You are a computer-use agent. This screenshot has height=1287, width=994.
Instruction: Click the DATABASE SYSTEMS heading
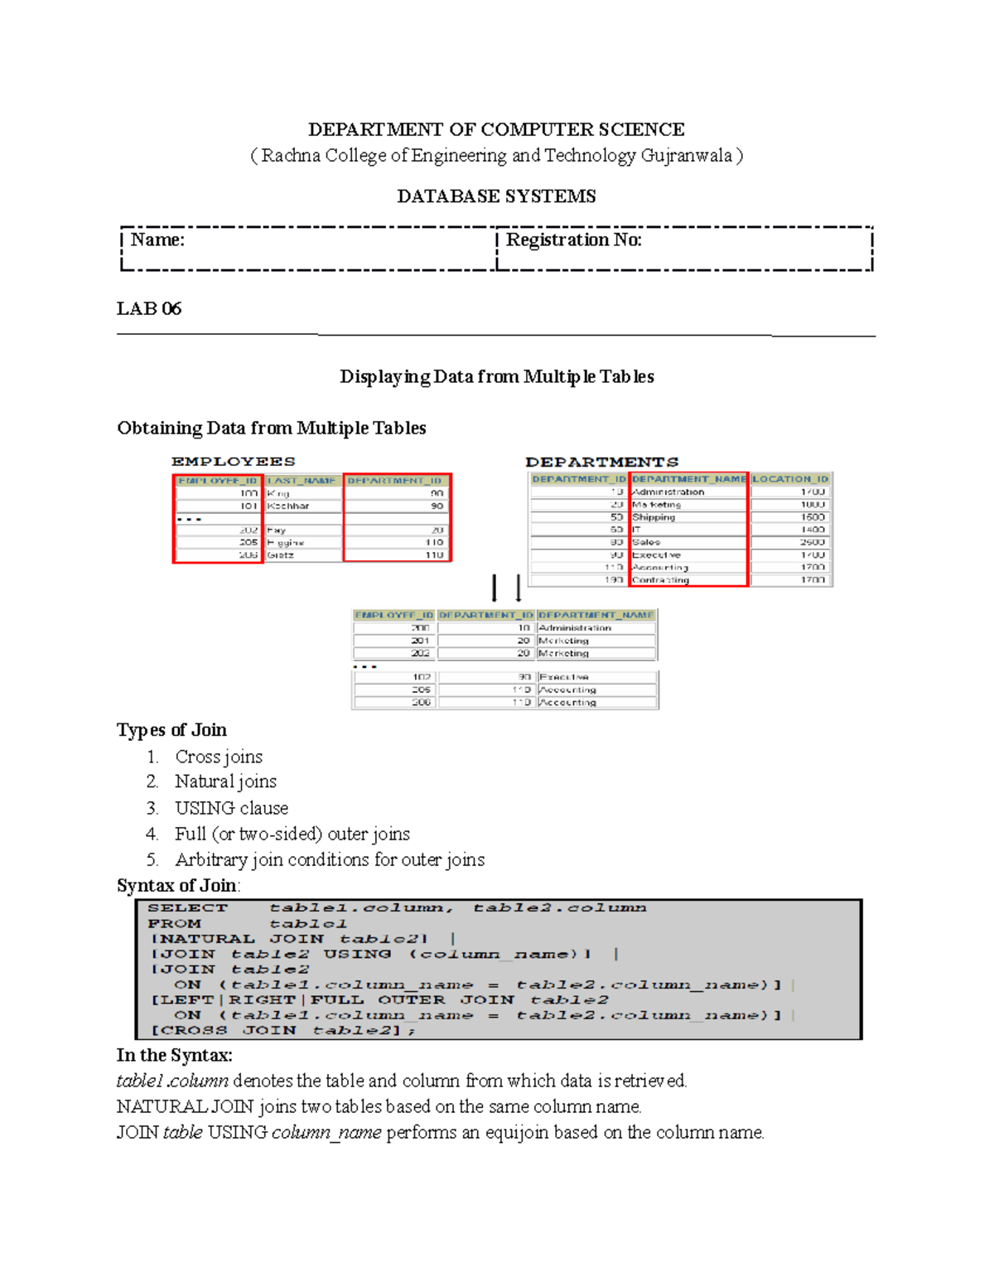[x=496, y=196]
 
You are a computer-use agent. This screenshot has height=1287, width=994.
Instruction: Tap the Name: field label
[x=157, y=240]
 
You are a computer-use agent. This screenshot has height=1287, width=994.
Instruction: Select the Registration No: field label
[x=573, y=240]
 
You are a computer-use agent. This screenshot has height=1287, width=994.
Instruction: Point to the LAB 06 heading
[x=149, y=309]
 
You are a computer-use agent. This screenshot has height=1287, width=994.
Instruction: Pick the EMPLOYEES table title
[x=233, y=462]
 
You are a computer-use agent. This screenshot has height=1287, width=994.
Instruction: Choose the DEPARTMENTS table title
[x=601, y=462]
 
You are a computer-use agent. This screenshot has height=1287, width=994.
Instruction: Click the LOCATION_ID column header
[x=789, y=479]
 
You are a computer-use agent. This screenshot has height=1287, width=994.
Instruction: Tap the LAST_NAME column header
[x=302, y=481]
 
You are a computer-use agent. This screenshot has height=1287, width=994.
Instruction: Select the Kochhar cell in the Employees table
[x=288, y=506]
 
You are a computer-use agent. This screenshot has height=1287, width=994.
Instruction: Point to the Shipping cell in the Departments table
[x=654, y=517]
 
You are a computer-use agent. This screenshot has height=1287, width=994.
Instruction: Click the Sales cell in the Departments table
[x=646, y=542]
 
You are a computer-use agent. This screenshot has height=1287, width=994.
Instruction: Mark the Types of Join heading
[x=171, y=730]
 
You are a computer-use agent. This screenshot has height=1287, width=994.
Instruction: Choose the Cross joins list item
[x=219, y=757]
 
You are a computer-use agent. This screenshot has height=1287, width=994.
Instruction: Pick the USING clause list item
[x=231, y=808]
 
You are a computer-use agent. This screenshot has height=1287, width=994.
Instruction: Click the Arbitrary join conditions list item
[x=330, y=859]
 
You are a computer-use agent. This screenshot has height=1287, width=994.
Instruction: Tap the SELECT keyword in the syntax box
[x=187, y=908]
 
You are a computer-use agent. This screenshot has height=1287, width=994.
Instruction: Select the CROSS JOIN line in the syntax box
[x=282, y=1030]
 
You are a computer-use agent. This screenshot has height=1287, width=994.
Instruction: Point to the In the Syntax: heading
[x=174, y=1056]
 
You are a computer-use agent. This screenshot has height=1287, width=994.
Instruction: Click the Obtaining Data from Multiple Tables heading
[x=272, y=428]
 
